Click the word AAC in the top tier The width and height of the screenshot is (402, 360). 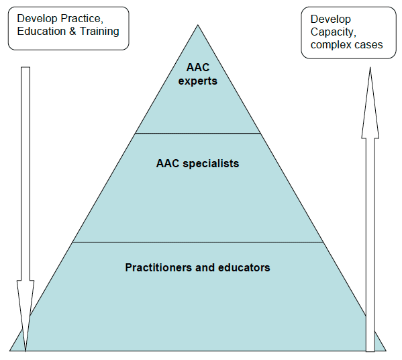coord(198,67)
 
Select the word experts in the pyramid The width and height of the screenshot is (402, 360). coord(198,81)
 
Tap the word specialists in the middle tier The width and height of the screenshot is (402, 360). coord(211,164)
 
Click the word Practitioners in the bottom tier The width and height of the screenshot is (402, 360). coord(158,267)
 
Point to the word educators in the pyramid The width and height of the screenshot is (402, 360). coord(244,267)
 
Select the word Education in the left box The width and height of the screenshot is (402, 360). coord(42,32)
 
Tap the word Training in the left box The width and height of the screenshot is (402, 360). coord(99,32)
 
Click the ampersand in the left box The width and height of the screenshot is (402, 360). coord(72,32)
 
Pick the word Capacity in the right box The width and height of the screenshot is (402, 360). coord(334,32)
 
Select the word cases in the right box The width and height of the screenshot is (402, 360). coord(365,45)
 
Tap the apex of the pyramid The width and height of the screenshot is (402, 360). coord(198,25)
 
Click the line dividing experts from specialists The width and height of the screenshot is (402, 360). coord(198,133)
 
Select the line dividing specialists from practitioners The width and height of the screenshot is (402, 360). coord(198,242)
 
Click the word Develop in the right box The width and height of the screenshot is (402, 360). coord(330,19)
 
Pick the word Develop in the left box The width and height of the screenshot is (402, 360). coord(37,19)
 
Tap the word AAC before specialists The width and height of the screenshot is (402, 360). coord(168,163)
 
